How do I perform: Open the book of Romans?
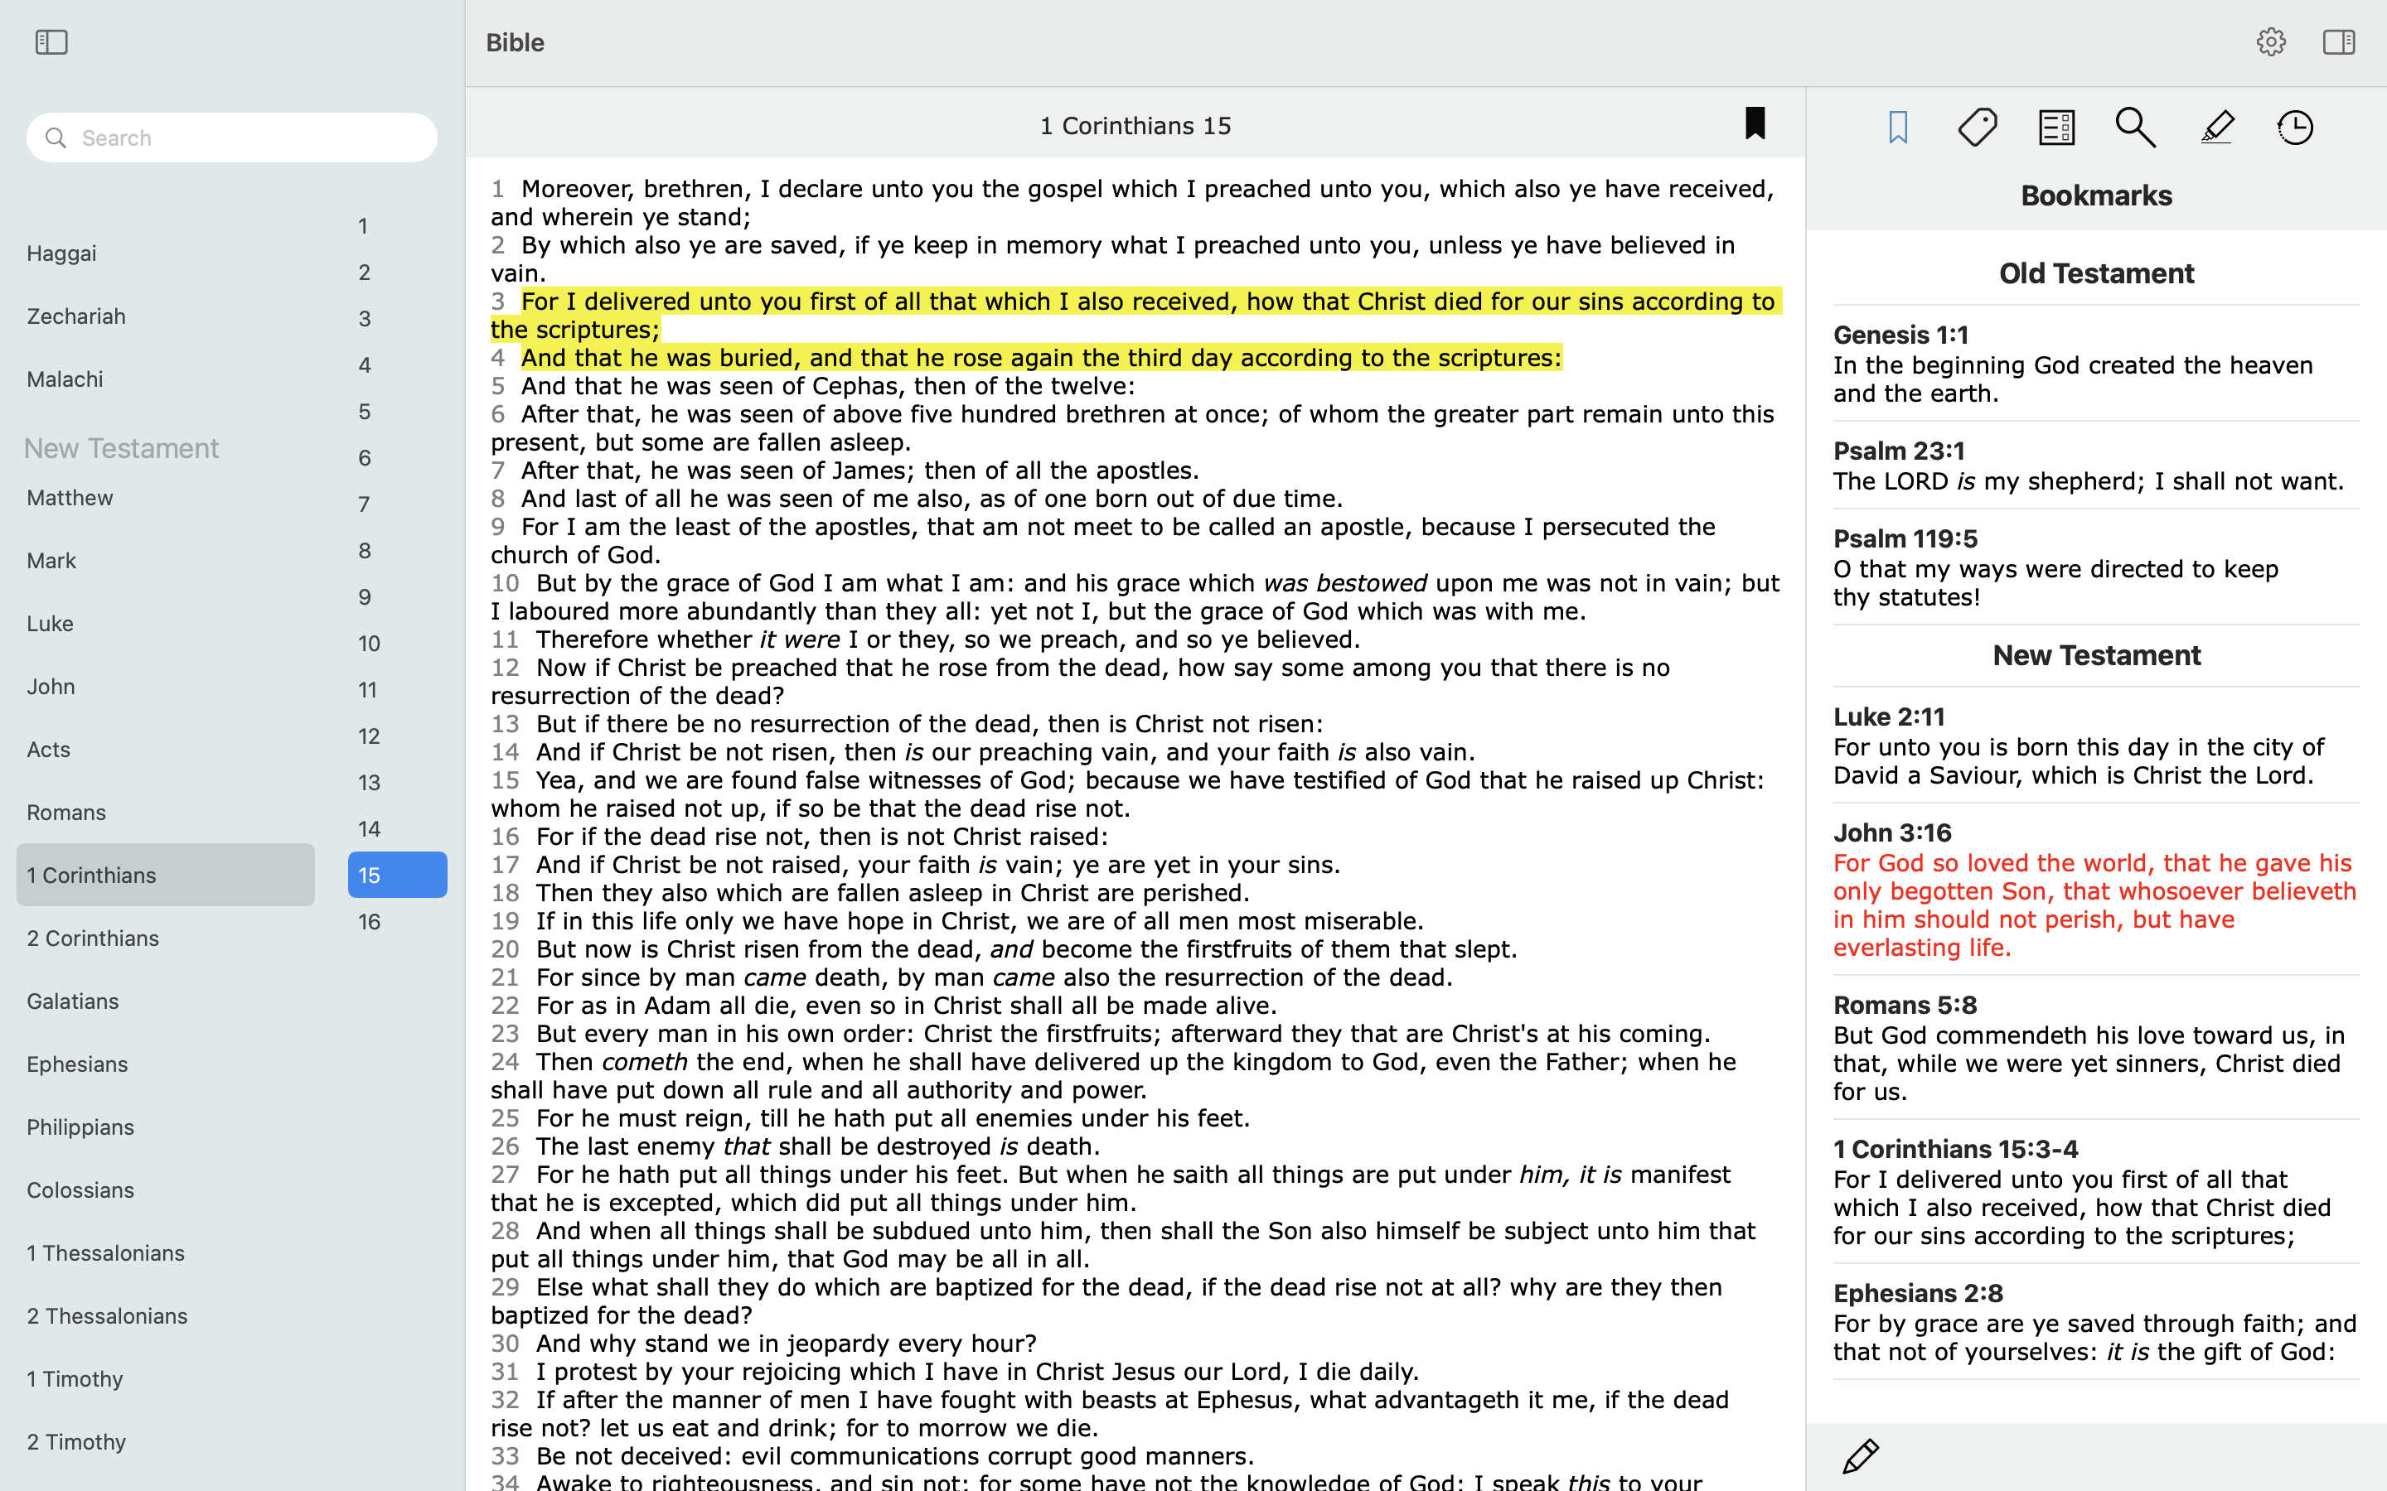pyautogui.click(x=66, y=813)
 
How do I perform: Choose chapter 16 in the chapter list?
pyautogui.click(x=370, y=922)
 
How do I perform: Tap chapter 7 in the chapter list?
pyautogui.click(x=365, y=505)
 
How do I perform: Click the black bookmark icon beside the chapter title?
pyautogui.click(x=1755, y=124)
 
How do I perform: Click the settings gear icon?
pyautogui.click(x=2271, y=42)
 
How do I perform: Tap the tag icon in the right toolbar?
pyautogui.click(x=1978, y=128)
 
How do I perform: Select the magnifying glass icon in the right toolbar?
pyautogui.click(x=2136, y=128)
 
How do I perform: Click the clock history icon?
pyautogui.click(x=2295, y=128)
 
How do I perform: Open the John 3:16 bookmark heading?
pyautogui.click(x=1892, y=832)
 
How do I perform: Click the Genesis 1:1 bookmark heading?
pyautogui.click(x=1900, y=335)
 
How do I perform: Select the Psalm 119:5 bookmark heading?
pyautogui.click(x=1905, y=538)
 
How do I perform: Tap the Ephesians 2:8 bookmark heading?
pyautogui.click(x=1918, y=1293)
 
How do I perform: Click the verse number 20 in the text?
pyautogui.click(x=505, y=948)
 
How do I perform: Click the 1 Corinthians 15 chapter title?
pyautogui.click(x=1135, y=126)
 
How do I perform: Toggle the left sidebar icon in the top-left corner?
pyautogui.click(x=51, y=42)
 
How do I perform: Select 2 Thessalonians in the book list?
pyautogui.click(x=108, y=1316)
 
